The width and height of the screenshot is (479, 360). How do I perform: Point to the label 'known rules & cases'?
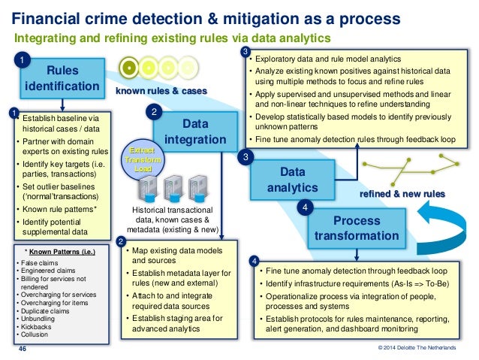click(161, 91)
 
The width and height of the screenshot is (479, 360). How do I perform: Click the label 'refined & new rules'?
click(403, 194)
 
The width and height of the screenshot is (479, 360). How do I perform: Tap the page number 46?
click(22, 349)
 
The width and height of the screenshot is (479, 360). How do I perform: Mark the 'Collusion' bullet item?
click(34, 336)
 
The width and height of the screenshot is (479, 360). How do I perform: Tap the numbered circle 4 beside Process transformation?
click(305, 207)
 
